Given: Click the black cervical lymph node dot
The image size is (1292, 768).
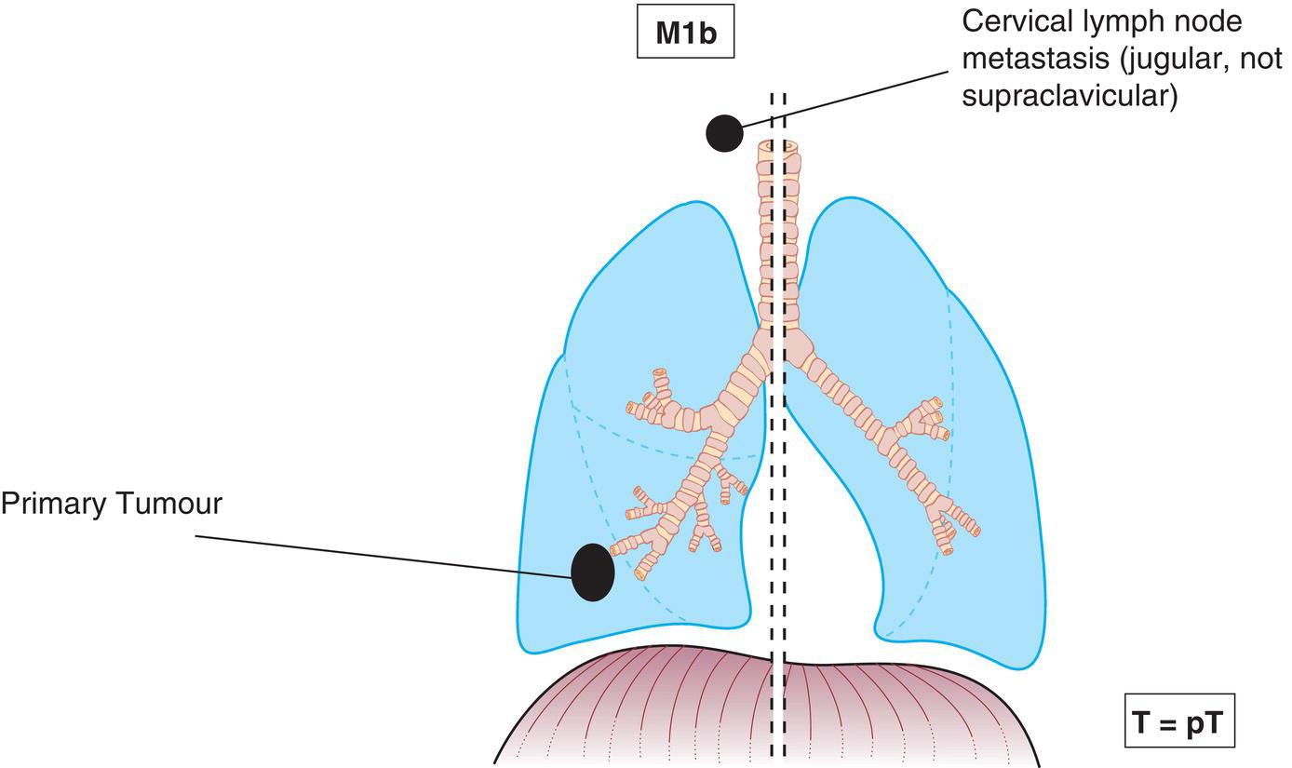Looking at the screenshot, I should pos(724,134).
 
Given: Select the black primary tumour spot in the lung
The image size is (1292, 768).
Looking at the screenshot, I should pos(592,572).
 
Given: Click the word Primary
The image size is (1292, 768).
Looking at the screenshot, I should pos(57,505).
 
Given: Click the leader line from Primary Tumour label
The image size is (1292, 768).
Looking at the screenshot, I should pos(372,556).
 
